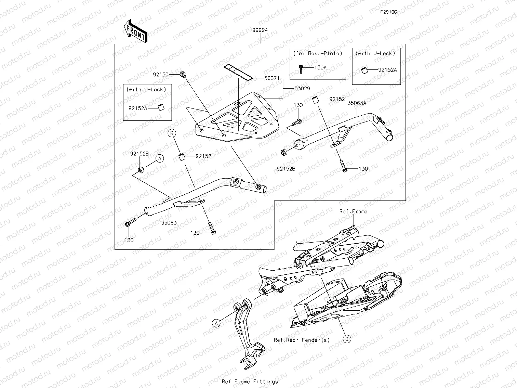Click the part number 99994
[x=260, y=30]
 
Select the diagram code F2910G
[x=389, y=12]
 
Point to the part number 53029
[x=302, y=89]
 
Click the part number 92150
[x=161, y=74]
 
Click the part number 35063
[x=169, y=223]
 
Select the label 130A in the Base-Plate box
[x=320, y=67]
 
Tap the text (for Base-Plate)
[x=318, y=53]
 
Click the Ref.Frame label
[x=353, y=211]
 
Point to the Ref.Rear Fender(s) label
[x=302, y=340]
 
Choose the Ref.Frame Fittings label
[x=250, y=381]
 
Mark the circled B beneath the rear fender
[x=347, y=339]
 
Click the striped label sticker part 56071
[x=238, y=72]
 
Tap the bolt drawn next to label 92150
[x=183, y=75]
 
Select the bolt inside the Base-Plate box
[x=301, y=68]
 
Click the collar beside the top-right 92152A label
[x=364, y=70]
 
